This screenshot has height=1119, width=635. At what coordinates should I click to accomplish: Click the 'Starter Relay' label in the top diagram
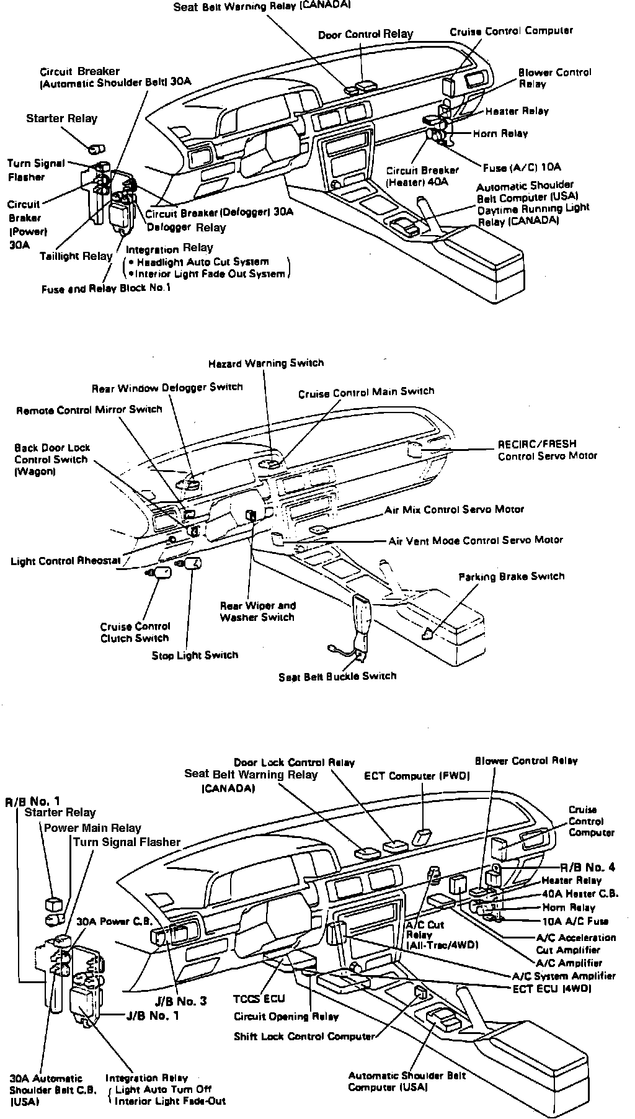[x=61, y=118]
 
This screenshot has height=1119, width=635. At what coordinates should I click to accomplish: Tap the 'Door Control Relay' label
[x=365, y=34]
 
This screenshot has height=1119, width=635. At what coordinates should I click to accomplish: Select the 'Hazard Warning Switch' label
[x=265, y=363]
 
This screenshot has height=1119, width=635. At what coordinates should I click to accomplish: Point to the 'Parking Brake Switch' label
[x=511, y=576]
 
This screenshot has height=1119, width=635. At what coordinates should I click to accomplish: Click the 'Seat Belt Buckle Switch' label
[x=337, y=675]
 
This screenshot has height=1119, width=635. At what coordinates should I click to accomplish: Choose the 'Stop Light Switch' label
[x=195, y=655]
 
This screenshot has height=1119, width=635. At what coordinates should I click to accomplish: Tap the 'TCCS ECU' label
[x=259, y=999]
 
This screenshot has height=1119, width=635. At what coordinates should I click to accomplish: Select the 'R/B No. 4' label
[x=587, y=867]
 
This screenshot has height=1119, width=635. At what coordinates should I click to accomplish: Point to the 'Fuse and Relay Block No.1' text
[x=106, y=288]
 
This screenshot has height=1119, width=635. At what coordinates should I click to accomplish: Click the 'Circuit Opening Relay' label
[x=286, y=1017]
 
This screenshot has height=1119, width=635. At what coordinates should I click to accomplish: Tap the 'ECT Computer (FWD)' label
[x=417, y=775]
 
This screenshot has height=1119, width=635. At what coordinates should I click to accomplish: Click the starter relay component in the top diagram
[x=95, y=149]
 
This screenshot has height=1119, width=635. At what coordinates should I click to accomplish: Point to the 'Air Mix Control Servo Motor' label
[x=454, y=509]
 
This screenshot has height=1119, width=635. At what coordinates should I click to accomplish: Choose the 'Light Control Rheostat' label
[x=65, y=561]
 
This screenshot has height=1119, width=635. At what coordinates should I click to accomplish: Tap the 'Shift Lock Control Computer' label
[x=304, y=1036]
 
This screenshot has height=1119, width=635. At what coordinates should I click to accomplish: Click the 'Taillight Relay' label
[x=76, y=256]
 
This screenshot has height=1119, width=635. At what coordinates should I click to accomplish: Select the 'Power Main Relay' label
[x=92, y=828]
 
